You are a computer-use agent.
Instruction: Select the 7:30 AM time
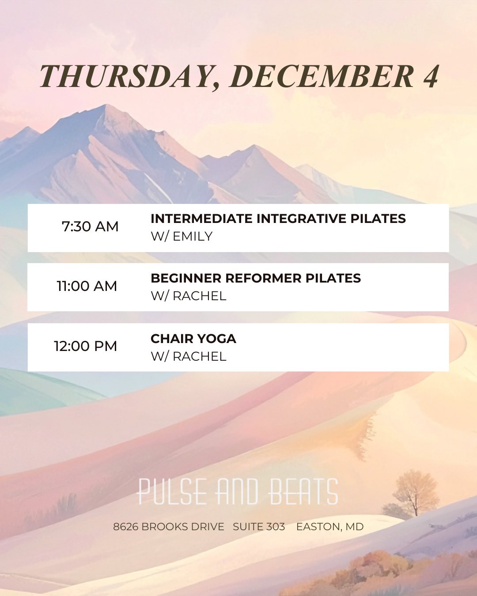point(90,226)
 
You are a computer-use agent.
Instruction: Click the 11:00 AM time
point(87,286)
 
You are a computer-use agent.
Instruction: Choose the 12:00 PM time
point(85,346)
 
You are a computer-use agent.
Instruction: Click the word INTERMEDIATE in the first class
point(202,219)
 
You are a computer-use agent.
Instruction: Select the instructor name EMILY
point(193,237)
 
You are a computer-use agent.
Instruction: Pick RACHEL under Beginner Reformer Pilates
point(200,296)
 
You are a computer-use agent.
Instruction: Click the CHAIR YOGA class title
point(193,339)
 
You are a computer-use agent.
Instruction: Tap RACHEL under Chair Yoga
point(200,356)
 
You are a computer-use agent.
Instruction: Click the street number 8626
point(125,527)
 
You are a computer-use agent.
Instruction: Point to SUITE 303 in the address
point(259,527)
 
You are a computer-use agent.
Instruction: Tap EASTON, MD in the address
point(330,527)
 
